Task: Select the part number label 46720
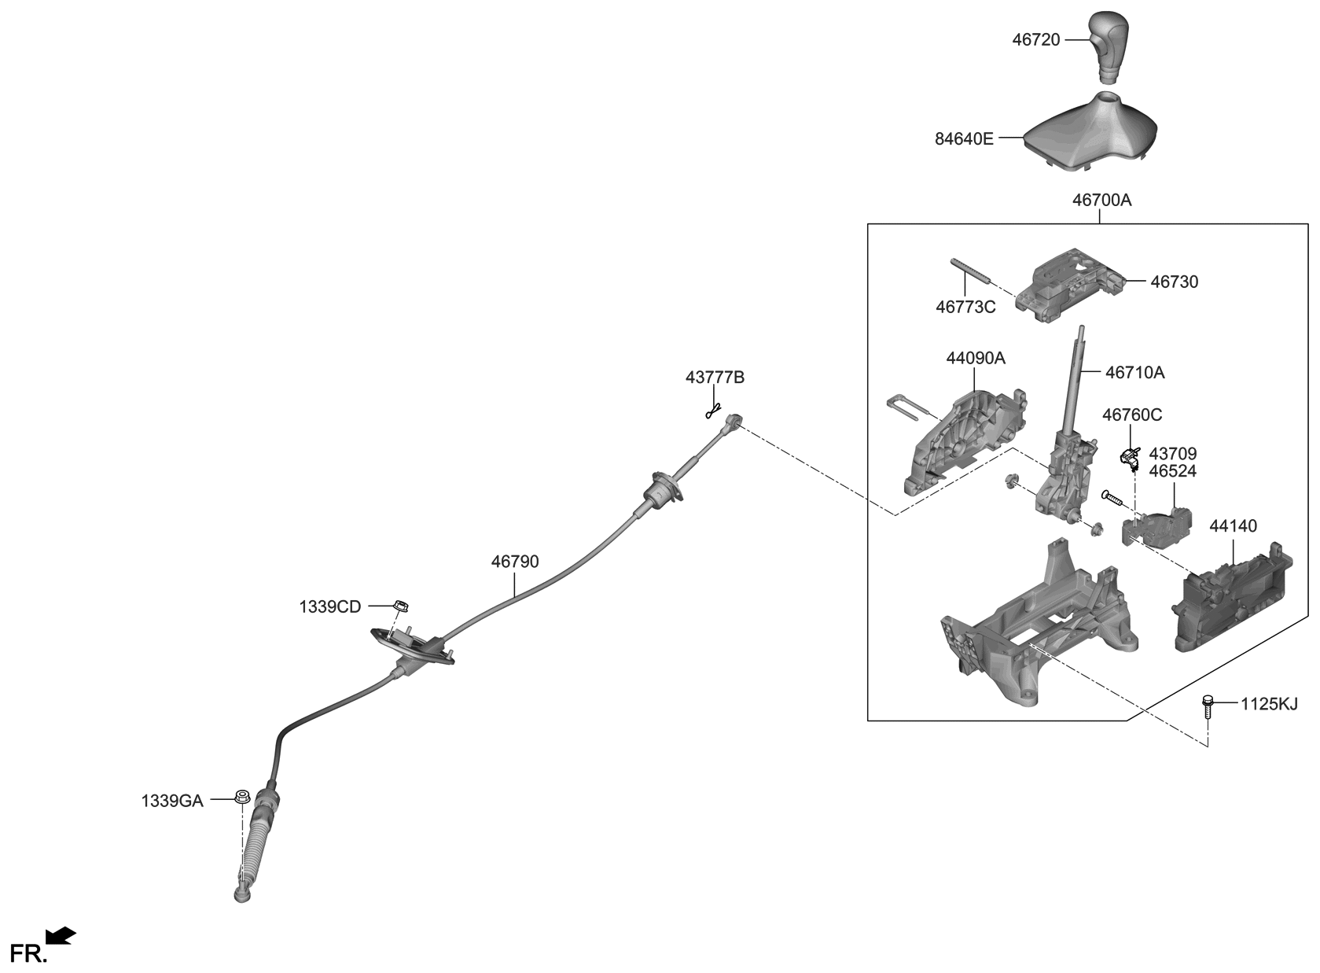pyautogui.click(x=1036, y=39)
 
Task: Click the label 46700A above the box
pyautogui.click(x=1101, y=200)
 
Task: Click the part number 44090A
pyautogui.click(x=975, y=359)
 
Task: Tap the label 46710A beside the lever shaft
pyautogui.click(x=1134, y=372)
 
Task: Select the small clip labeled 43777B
pyautogui.click(x=714, y=410)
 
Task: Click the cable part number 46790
pyautogui.click(x=515, y=562)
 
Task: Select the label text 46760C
pyautogui.click(x=1131, y=415)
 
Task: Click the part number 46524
pyautogui.click(x=1172, y=471)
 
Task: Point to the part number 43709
pyautogui.click(x=1172, y=454)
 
